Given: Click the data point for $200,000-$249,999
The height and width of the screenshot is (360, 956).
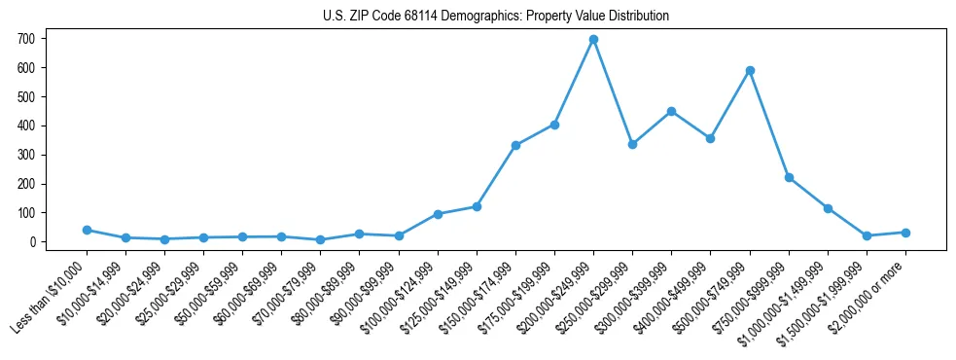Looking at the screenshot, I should coord(593,39).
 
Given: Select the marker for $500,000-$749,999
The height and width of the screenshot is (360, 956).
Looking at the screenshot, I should coord(750,70).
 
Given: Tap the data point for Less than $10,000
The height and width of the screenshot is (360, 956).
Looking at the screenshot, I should coord(87,230).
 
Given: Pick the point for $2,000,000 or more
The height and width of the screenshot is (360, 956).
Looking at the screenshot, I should coord(905,233).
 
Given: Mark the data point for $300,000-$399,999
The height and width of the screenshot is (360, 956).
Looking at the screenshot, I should coord(671,111).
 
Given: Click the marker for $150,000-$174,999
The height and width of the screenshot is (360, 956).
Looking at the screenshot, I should coord(515,145).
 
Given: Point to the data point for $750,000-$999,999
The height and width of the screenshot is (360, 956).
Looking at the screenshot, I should coord(789,177).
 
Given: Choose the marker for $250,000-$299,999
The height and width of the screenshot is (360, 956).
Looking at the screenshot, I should coord(632,144).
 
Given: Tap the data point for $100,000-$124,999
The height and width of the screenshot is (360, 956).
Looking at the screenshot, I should coord(438,214).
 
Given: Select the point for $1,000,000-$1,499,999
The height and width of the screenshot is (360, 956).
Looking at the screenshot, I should coord(828,208).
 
